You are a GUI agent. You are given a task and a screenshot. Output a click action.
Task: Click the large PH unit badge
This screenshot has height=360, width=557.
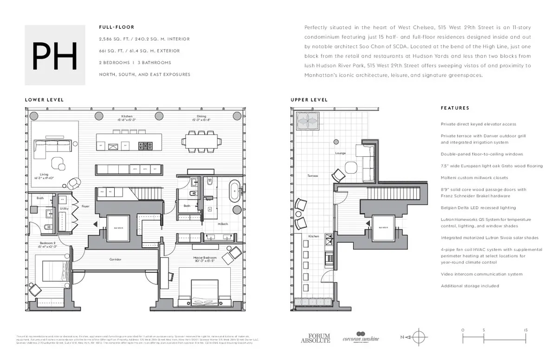55,55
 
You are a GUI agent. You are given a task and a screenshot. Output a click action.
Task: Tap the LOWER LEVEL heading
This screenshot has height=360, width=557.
44,100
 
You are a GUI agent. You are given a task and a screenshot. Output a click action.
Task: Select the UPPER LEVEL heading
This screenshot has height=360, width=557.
309,100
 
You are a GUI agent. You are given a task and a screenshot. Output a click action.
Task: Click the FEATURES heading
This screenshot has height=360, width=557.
455,108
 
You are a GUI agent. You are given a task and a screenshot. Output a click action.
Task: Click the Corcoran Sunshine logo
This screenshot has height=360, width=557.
361,337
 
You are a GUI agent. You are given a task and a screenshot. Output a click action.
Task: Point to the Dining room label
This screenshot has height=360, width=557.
201,118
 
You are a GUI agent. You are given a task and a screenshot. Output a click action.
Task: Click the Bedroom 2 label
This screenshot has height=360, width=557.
47,244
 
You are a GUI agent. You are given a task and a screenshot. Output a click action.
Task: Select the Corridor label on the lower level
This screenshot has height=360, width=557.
116,259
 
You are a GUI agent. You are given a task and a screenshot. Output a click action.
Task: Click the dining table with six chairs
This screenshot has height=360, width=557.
202,141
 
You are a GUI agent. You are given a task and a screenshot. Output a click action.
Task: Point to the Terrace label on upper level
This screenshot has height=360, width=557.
312,176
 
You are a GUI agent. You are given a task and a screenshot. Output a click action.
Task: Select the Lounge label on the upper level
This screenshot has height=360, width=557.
340,153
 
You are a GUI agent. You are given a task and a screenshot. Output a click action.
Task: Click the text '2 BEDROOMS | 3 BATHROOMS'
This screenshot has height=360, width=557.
135,63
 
